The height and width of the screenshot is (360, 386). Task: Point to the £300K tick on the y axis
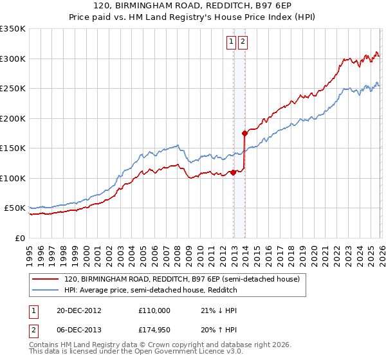pos(14,59)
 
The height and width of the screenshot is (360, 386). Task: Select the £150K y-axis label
pos(14,148)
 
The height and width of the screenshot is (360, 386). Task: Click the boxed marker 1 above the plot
pos(231,42)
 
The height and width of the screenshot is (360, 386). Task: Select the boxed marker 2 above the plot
pos(243,42)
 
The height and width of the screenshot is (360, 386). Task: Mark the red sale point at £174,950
pos(244,133)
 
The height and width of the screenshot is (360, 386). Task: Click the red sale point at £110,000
pos(233,172)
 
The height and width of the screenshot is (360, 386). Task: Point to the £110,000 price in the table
pos(154,310)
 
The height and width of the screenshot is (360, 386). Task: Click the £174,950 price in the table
pos(154,332)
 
